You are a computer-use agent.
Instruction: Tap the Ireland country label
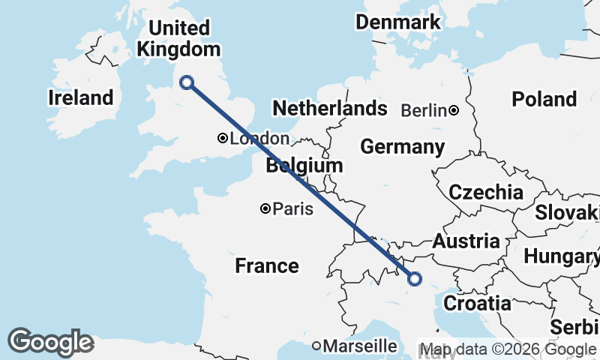[80, 97]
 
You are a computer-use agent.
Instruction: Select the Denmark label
[398, 22]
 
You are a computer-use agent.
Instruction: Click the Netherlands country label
[329, 108]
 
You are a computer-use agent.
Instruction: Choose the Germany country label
[403, 146]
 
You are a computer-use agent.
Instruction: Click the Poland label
[544, 99]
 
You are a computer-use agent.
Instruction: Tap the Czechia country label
[486, 192]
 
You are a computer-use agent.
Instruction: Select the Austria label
[466, 241]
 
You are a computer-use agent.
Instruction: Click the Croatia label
[478, 303]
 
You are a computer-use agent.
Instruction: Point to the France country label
[266, 265]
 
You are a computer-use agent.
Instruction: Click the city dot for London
[223, 138]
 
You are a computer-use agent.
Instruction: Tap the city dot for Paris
[265, 208]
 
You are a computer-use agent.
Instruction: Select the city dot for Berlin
[454, 110]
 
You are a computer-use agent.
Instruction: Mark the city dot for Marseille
[317, 346]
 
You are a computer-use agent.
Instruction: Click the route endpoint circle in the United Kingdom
[187, 82]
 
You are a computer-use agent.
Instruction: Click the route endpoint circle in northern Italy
[414, 279]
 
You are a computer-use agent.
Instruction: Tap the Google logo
[50, 342]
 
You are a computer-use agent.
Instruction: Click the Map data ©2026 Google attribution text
[507, 349]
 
